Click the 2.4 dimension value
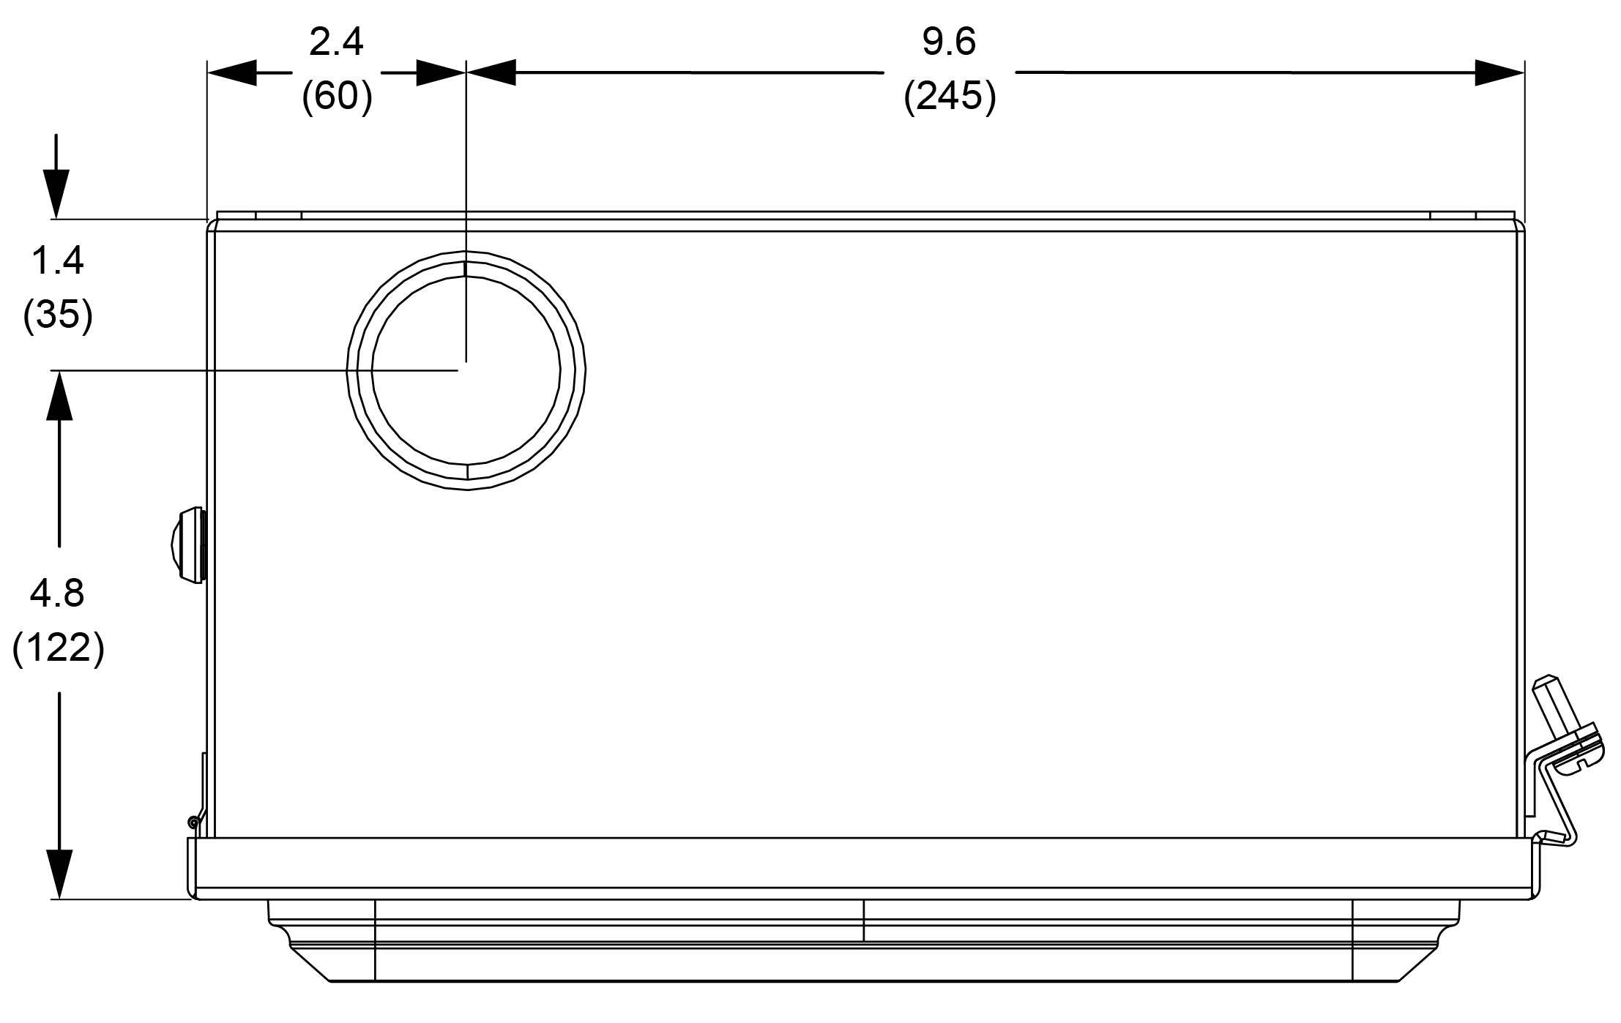tap(336, 42)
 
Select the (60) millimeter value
tap(337, 96)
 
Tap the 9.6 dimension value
tap(949, 42)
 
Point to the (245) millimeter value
tap(950, 96)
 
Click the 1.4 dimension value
tap(58, 261)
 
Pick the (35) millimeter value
tap(58, 315)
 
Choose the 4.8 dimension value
tap(57, 593)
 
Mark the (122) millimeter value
tap(58, 648)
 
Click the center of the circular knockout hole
tap(466, 370)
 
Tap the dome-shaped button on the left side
tap(188, 545)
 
